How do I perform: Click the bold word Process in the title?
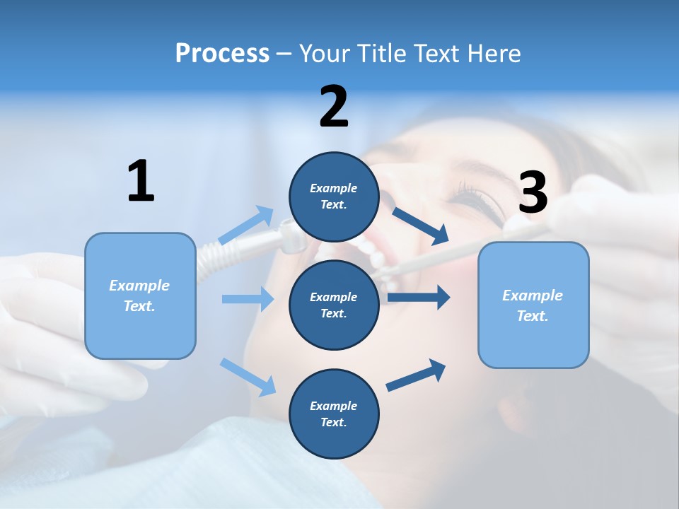coord(222,54)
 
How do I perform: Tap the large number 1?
coord(141,181)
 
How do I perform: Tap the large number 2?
coord(334,107)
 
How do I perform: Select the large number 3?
coord(533,193)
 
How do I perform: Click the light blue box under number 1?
coord(140,296)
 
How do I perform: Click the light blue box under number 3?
coord(533,305)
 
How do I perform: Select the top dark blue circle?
coord(334,197)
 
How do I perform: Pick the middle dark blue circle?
coord(334,305)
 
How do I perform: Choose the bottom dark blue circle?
coord(334,414)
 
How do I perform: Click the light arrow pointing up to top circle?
coord(246,226)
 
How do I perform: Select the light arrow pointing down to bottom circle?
coord(248,377)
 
